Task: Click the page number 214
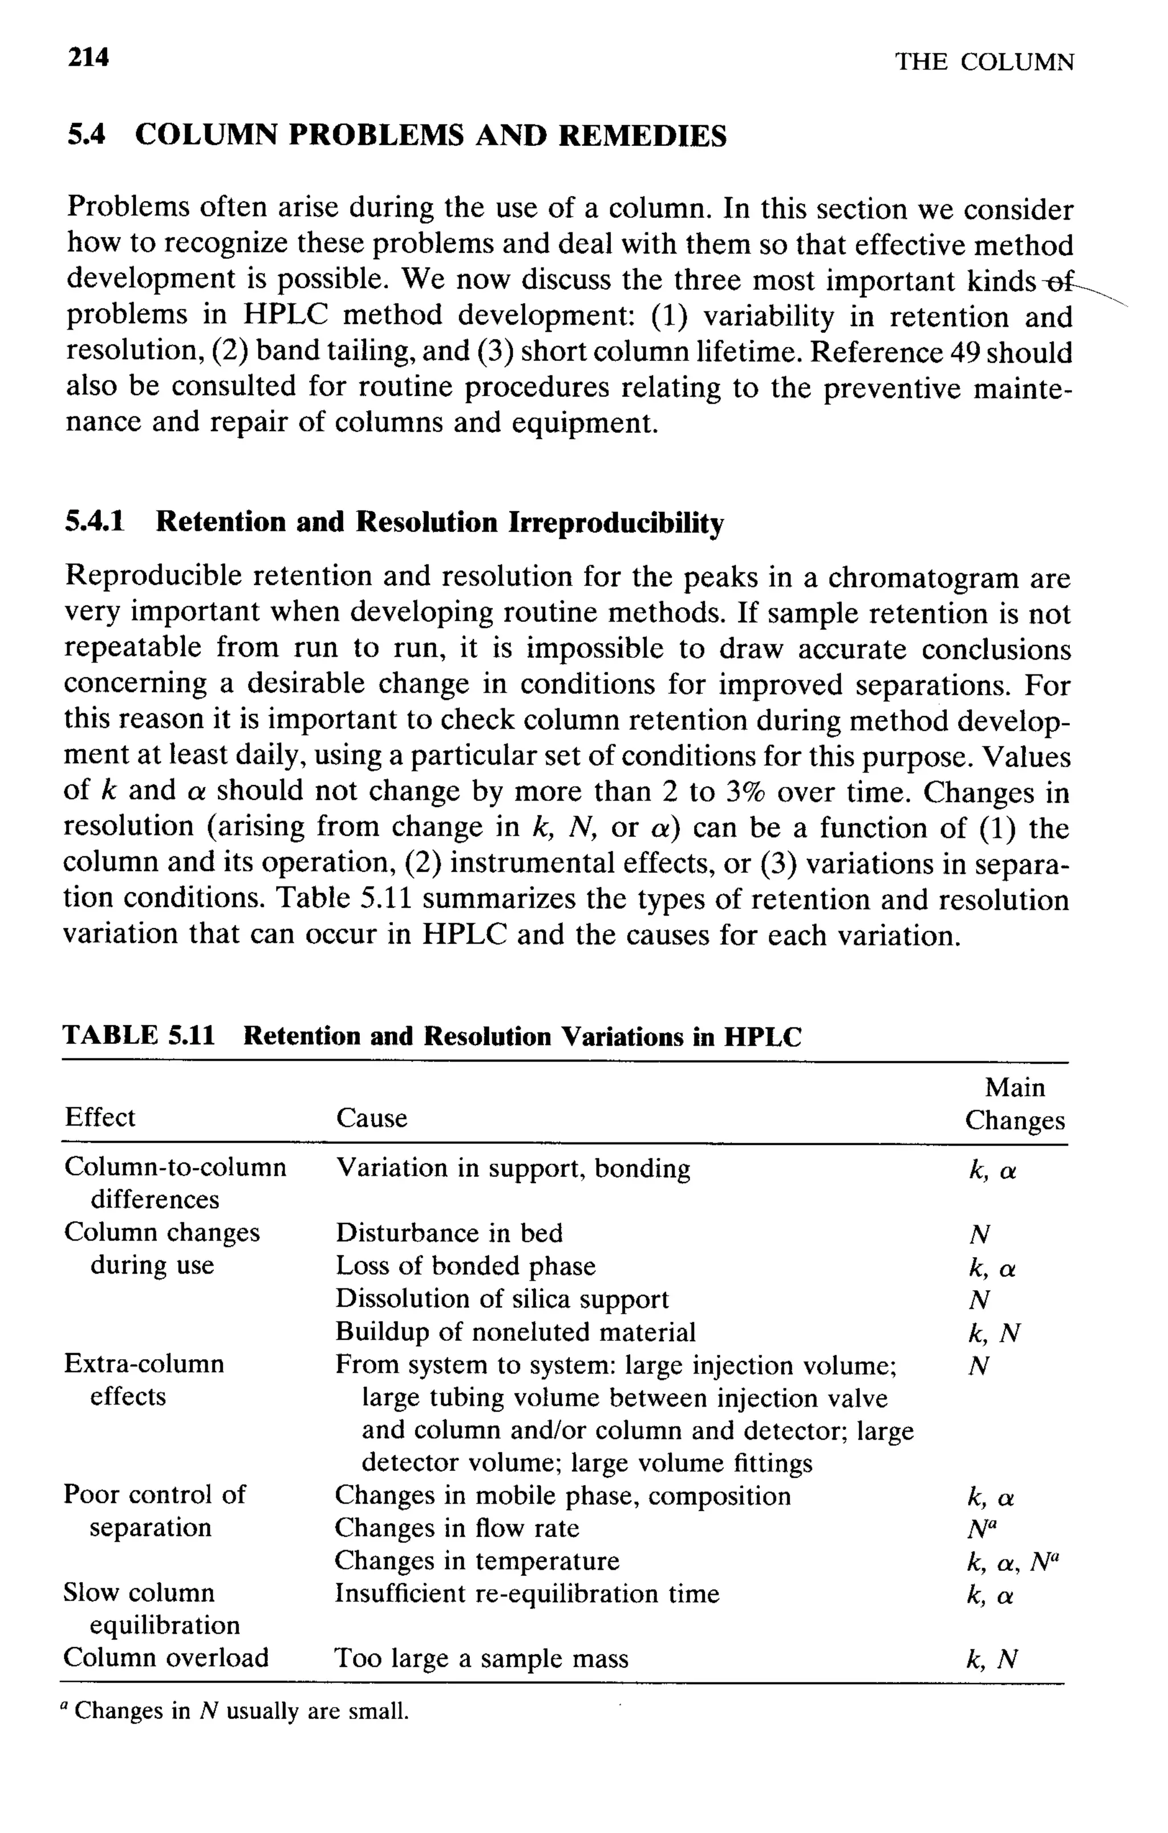click(88, 57)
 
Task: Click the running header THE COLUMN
click(984, 62)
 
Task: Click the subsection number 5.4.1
click(95, 522)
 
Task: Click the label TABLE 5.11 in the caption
click(139, 1036)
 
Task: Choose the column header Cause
click(372, 1117)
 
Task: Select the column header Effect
click(100, 1117)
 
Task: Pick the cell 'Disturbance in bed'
click(449, 1233)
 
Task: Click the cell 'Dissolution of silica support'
click(502, 1299)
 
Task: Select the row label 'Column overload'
click(166, 1658)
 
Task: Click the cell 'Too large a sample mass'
click(481, 1659)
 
